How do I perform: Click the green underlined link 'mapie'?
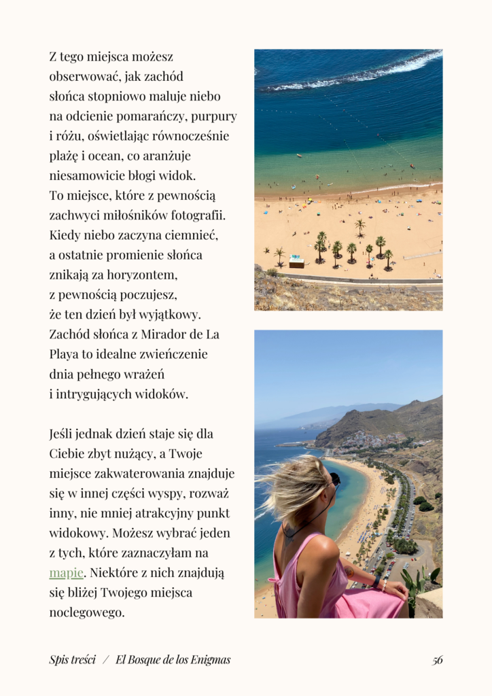coord(66,573)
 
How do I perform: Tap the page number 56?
coord(438,660)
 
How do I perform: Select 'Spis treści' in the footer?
coord(72,659)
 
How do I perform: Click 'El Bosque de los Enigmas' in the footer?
coord(173,659)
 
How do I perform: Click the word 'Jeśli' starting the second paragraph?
coord(63,434)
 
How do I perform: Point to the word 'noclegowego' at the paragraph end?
coord(86,612)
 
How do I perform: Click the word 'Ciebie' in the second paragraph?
coord(67,453)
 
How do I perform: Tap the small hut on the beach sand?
coord(296,262)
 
